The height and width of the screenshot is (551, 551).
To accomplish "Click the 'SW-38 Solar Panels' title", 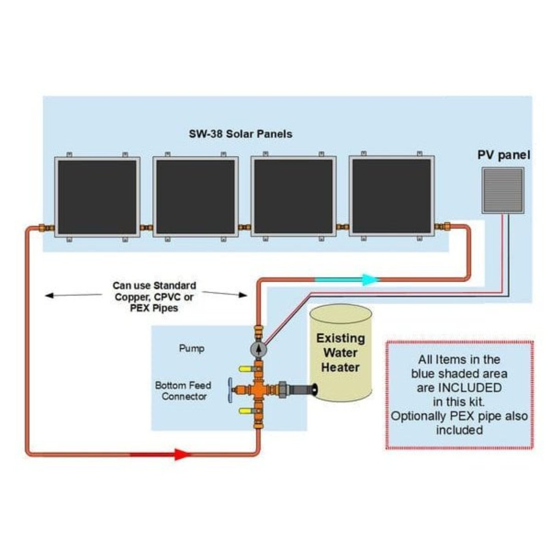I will tap(240, 134).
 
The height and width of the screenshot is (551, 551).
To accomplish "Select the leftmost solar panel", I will tap(97, 197).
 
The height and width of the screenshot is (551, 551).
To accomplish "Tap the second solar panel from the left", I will tap(196, 197).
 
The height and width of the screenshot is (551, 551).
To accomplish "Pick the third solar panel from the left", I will tap(294, 197).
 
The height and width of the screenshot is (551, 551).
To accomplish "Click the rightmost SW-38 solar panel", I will tap(392, 196).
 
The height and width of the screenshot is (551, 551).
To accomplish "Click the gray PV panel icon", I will tap(503, 191).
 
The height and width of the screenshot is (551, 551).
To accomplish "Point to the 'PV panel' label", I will tap(503, 155).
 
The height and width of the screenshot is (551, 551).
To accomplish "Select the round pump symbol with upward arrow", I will tap(258, 349).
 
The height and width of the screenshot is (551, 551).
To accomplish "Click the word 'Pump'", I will tap(192, 348).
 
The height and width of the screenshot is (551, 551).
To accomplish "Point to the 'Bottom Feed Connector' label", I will tap(183, 391).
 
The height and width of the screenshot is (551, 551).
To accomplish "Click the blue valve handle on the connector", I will tap(229, 390).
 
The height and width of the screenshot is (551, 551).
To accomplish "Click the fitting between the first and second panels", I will tap(146, 227).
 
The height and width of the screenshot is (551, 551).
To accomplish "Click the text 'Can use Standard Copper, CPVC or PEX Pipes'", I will tap(154, 297).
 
